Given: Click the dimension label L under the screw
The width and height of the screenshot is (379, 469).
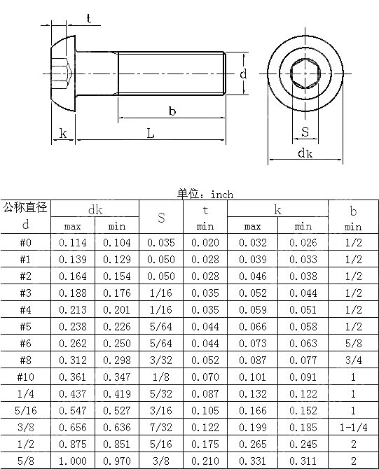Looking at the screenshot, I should [x=150, y=133].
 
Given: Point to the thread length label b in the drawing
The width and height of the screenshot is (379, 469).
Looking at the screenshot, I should [x=172, y=111].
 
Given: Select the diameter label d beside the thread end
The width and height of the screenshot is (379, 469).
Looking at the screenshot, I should [x=242, y=73].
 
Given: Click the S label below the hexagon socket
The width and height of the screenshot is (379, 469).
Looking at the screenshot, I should [x=305, y=132].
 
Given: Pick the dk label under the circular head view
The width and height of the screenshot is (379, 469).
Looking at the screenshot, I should [x=305, y=153].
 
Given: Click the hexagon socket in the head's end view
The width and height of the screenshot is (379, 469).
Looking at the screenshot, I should [x=305, y=72].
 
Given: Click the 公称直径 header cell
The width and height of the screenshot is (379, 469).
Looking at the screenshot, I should [x=26, y=208].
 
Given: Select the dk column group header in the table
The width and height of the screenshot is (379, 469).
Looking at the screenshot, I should [x=95, y=209].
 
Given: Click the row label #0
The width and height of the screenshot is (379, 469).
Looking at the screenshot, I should [x=26, y=243].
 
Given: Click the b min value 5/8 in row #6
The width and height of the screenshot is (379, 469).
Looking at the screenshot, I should [x=354, y=344].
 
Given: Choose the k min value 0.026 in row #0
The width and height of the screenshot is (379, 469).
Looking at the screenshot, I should [x=303, y=243].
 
